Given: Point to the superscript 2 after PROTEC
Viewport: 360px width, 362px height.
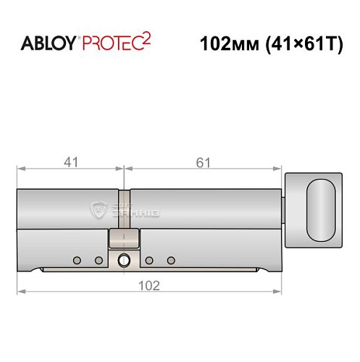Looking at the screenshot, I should tap(148, 38).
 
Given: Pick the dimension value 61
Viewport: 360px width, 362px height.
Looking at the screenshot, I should tap(203, 162).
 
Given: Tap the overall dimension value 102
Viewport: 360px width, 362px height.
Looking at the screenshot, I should tap(149, 285).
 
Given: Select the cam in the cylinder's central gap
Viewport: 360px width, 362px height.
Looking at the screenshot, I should tap(124, 239).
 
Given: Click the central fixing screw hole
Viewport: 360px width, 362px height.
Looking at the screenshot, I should tap(124, 261).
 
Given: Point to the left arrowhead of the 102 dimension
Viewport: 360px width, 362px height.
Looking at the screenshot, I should tap(21, 292).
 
